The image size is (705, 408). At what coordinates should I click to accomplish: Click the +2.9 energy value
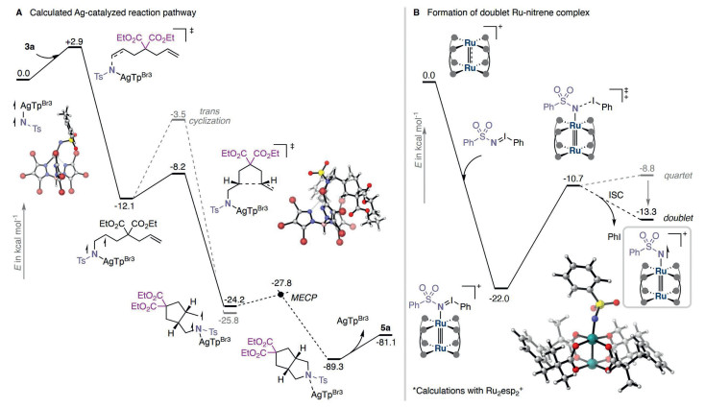click(74, 42)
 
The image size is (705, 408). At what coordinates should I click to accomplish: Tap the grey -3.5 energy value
click(178, 114)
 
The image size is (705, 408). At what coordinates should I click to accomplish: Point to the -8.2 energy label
click(178, 167)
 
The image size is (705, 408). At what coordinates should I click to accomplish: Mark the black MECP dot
click(280, 295)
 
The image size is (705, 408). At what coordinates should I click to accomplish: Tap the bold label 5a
click(386, 328)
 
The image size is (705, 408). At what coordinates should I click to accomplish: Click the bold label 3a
click(30, 46)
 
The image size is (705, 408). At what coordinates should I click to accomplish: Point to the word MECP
click(304, 297)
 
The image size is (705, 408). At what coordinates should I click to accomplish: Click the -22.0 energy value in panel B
click(499, 299)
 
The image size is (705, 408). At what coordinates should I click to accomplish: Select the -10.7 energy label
click(573, 179)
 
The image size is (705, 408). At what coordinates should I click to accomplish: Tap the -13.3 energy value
click(646, 211)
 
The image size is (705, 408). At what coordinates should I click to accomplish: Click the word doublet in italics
click(678, 218)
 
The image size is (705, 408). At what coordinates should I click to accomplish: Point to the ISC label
click(616, 196)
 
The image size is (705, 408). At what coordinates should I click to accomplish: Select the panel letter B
click(416, 12)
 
